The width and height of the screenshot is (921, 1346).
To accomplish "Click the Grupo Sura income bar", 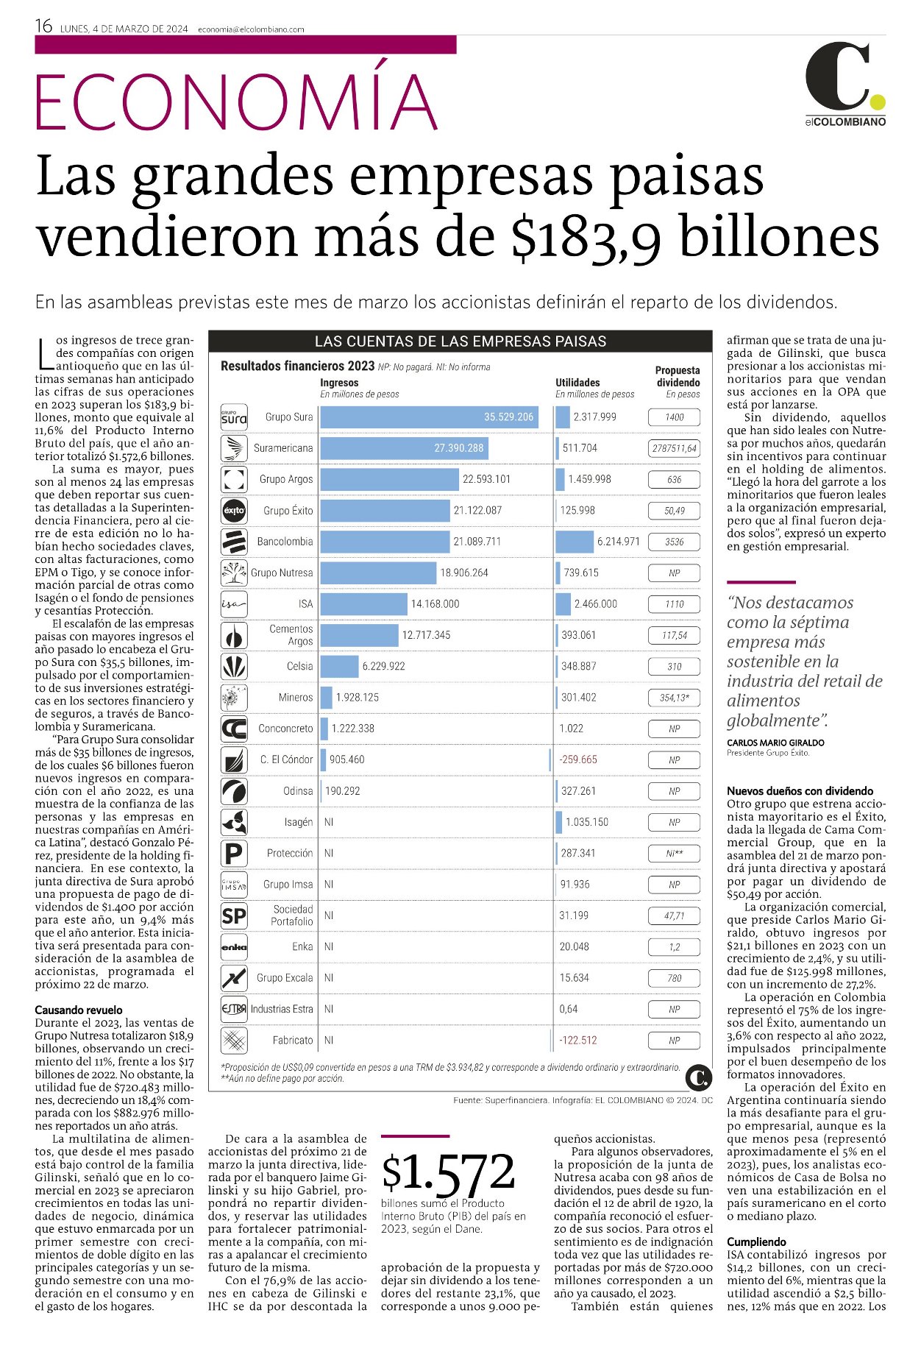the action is click(429, 417).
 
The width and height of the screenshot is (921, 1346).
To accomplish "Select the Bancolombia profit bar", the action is click(575, 542).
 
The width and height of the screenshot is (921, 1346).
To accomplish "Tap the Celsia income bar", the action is click(339, 666).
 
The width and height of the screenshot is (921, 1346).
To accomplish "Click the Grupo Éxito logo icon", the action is click(234, 510).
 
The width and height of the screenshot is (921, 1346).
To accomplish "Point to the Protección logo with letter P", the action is click(234, 854).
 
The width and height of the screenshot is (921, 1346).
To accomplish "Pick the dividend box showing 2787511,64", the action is click(674, 448).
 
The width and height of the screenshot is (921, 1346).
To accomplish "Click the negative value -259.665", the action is click(578, 759).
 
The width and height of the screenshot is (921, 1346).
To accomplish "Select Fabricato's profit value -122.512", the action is click(578, 1041).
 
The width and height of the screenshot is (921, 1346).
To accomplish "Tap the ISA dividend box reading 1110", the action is click(674, 604).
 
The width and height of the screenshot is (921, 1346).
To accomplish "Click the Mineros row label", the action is click(295, 697).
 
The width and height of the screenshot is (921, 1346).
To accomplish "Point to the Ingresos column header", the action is click(339, 383).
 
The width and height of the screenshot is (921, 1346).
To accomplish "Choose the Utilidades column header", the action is click(577, 383).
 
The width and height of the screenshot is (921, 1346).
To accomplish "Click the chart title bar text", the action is click(460, 341).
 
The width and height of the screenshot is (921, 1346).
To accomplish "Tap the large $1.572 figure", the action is click(448, 1172).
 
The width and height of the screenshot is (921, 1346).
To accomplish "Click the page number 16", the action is click(43, 26).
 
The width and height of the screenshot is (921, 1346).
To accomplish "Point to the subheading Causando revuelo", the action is click(79, 1010).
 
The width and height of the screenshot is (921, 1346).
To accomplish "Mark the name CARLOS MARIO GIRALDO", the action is click(775, 743).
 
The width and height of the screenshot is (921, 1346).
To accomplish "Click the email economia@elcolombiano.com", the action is click(251, 29).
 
